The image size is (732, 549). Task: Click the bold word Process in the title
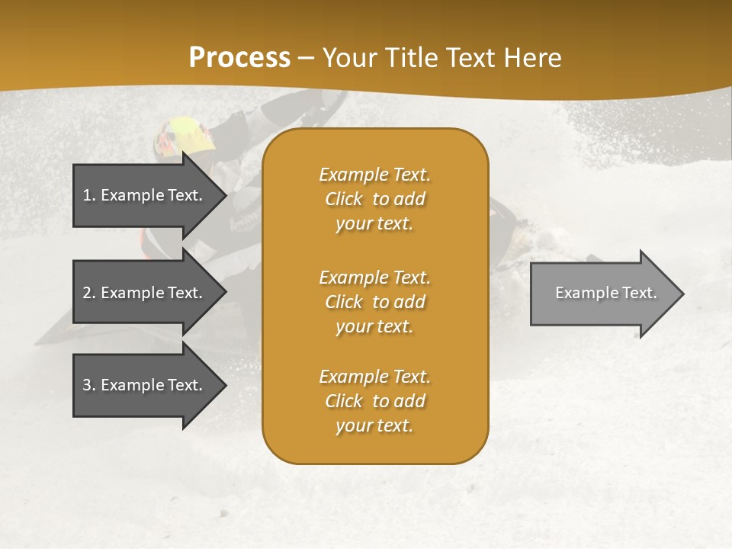pyautogui.click(x=239, y=58)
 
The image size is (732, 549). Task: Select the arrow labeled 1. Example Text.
pyautogui.click(x=145, y=195)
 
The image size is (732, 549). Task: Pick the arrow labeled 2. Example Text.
pyautogui.click(x=145, y=293)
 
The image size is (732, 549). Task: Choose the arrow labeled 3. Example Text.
pyautogui.click(x=145, y=385)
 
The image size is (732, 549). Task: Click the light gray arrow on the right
pyautogui.click(x=602, y=294)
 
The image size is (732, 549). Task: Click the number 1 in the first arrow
pyautogui.click(x=86, y=195)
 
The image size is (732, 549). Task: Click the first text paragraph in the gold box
pyautogui.click(x=374, y=199)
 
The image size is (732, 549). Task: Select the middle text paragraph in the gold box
pyautogui.click(x=374, y=302)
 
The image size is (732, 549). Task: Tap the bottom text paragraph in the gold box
pyautogui.click(x=374, y=401)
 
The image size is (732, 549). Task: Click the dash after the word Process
pyautogui.click(x=307, y=58)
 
